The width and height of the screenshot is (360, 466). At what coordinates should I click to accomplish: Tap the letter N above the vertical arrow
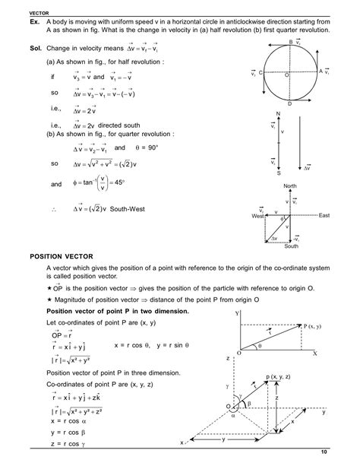278,114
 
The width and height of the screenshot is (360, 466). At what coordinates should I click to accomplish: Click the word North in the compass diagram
290,185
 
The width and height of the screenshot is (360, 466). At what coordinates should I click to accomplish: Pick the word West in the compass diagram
257,217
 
